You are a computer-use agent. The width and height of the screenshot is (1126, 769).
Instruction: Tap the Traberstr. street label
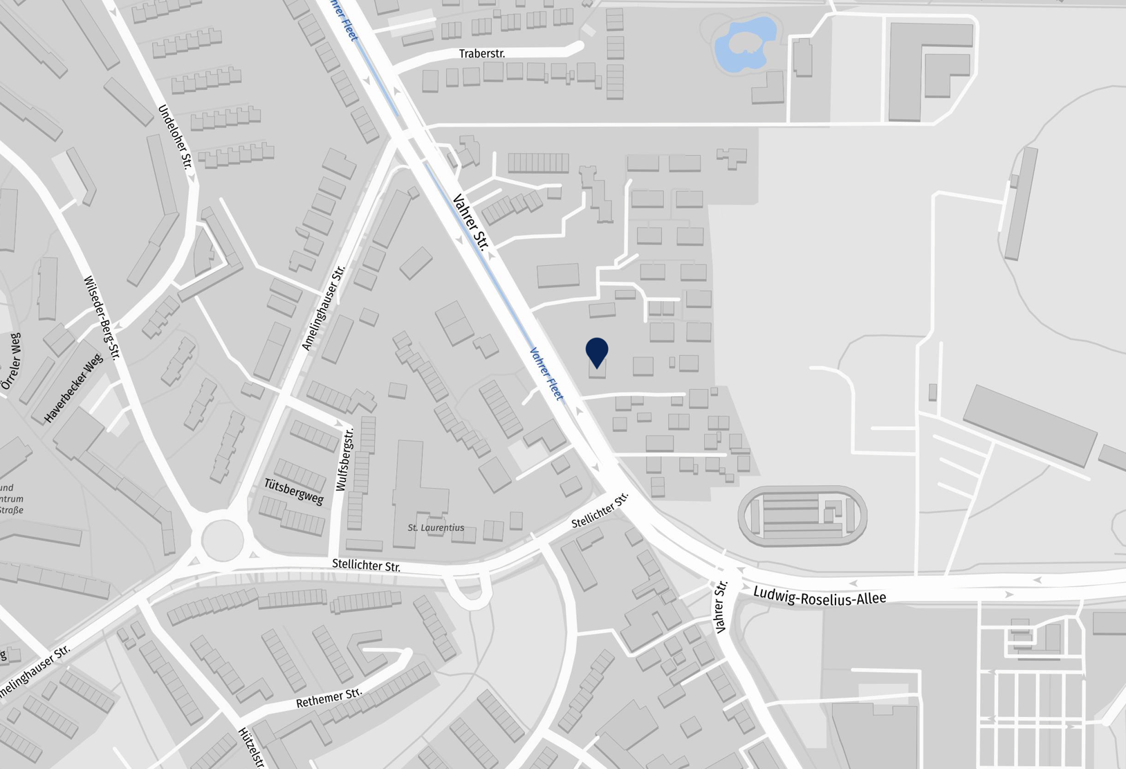click(x=482, y=53)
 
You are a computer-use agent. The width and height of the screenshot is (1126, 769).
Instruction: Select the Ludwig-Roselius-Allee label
click(x=819, y=595)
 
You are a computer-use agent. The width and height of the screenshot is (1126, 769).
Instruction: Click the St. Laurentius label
click(x=436, y=527)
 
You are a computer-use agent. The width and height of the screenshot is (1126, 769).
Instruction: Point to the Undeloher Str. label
click(x=175, y=136)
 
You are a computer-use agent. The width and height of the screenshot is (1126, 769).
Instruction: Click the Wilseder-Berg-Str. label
click(x=102, y=318)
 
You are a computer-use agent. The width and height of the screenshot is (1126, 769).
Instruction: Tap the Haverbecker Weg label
click(x=73, y=388)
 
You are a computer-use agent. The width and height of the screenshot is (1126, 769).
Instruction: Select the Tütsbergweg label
click(x=294, y=491)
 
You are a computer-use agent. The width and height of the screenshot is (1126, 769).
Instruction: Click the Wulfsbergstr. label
click(x=344, y=460)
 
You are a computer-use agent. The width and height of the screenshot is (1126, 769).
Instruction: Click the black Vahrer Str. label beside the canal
click(x=471, y=221)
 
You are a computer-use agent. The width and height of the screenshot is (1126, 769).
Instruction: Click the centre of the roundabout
click(x=222, y=539)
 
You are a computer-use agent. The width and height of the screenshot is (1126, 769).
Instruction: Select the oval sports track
click(x=802, y=516)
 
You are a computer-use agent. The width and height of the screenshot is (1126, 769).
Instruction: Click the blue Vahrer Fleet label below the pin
click(x=546, y=374)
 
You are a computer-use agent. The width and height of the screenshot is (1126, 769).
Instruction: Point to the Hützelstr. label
click(x=251, y=747)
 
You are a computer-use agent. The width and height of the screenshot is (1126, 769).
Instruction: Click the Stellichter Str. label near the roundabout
click(x=366, y=566)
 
